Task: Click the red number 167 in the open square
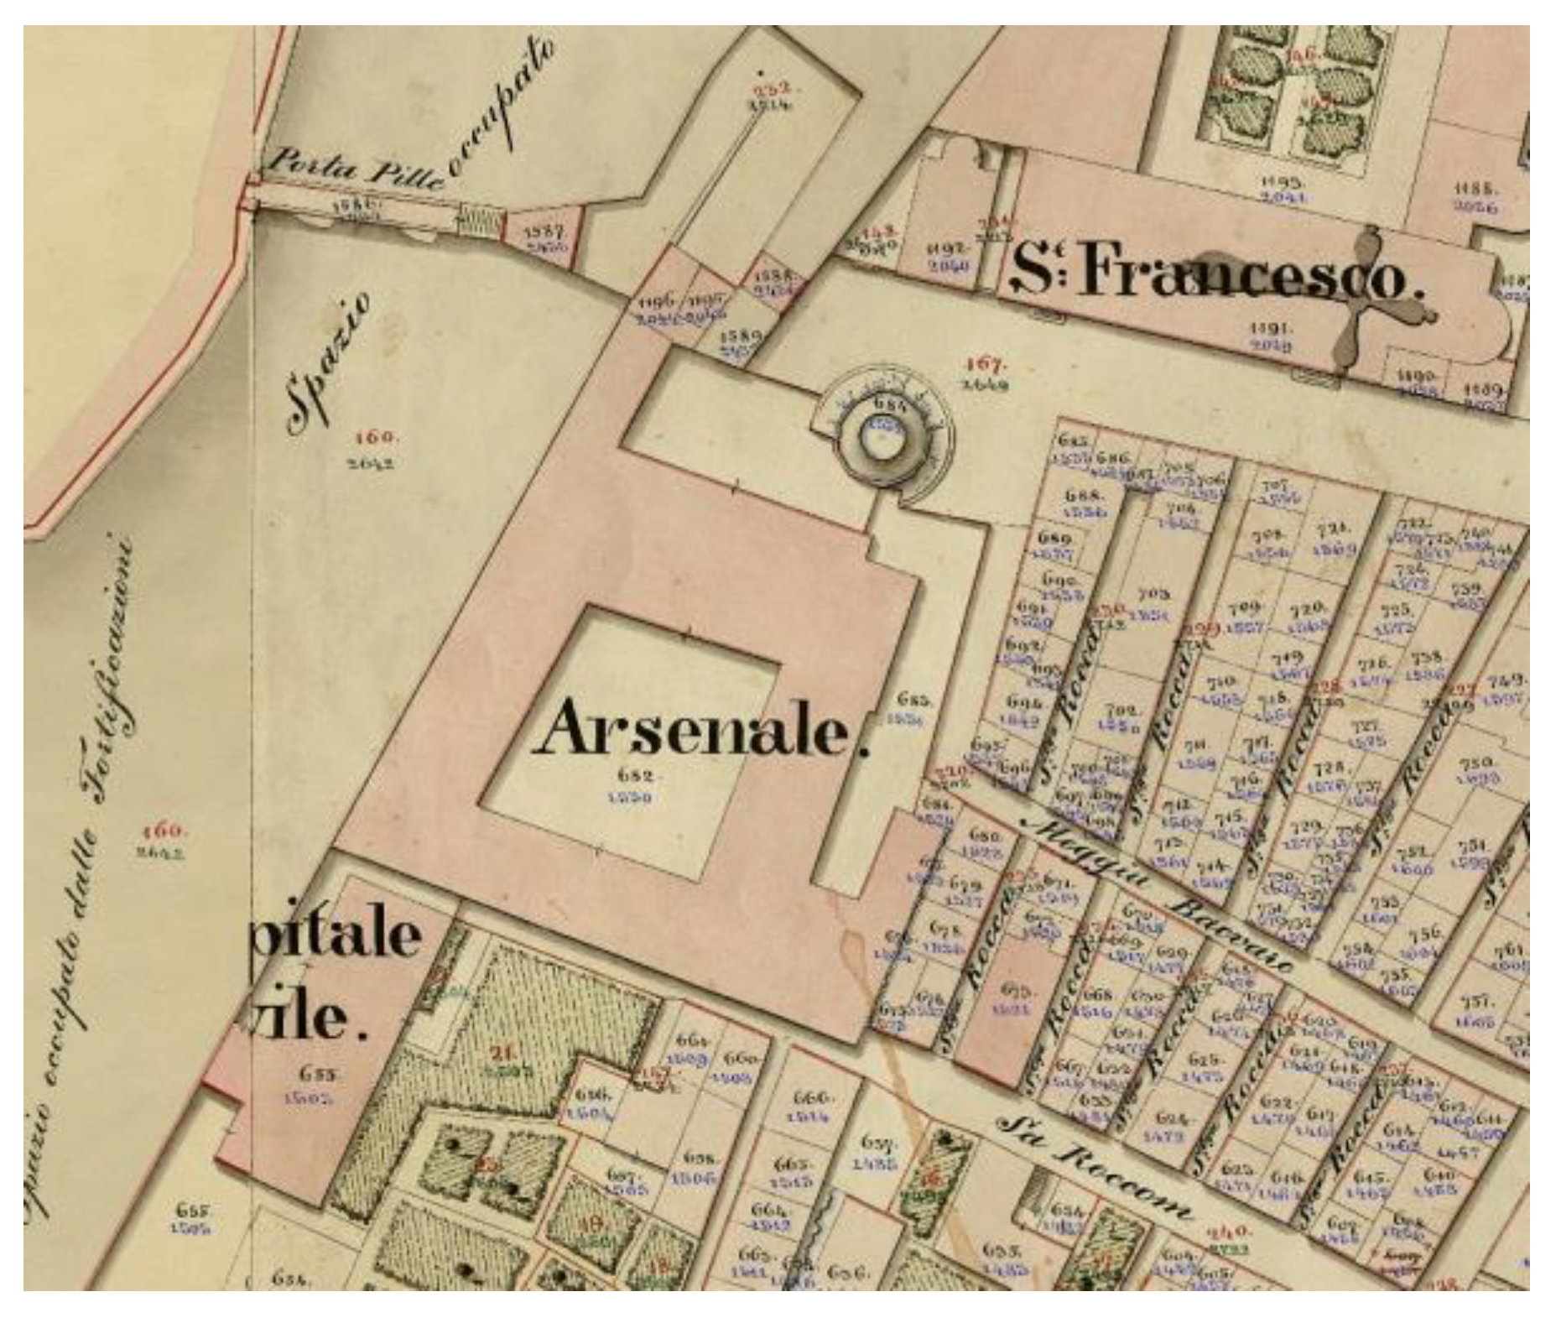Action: coord(985,364)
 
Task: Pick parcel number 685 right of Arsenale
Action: coord(913,699)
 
